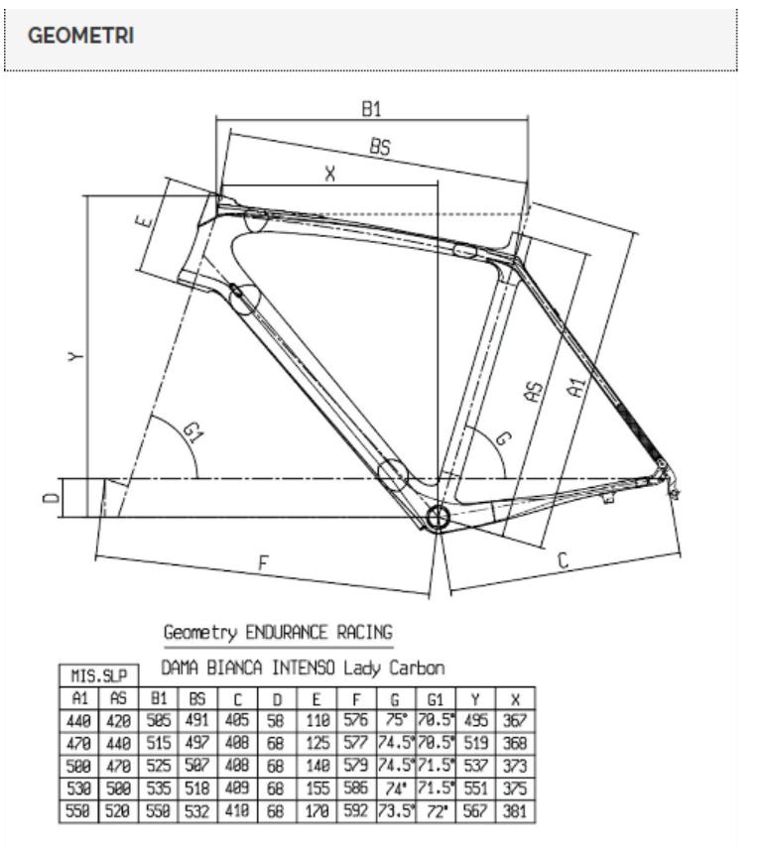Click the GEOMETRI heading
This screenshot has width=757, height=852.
click(80, 36)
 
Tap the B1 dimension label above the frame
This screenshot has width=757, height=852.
click(372, 109)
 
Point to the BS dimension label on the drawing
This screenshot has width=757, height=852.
click(380, 146)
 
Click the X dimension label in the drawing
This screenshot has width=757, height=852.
click(330, 174)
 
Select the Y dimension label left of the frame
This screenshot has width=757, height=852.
click(76, 356)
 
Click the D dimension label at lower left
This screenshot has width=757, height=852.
click(52, 497)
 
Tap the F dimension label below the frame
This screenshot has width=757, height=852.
click(263, 562)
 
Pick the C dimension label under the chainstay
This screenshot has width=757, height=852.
click(563, 559)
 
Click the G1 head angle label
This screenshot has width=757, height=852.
click(192, 433)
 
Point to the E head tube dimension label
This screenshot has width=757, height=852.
click(143, 221)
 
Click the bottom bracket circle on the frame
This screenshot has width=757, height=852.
click(437, 518)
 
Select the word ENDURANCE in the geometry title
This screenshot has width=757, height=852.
click(287, 633)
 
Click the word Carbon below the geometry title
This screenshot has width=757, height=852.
click(417, 668)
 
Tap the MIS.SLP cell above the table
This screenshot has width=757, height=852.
click(99, 676)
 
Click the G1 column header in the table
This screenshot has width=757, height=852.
click(436, 698)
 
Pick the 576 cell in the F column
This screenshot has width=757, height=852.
click(356, 720)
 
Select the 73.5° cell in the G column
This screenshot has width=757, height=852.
click(396, 811)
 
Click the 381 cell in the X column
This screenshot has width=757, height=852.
click(515, 811)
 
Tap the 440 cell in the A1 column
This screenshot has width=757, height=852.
click(78, 721)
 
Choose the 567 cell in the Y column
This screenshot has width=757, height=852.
click(475, 811)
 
